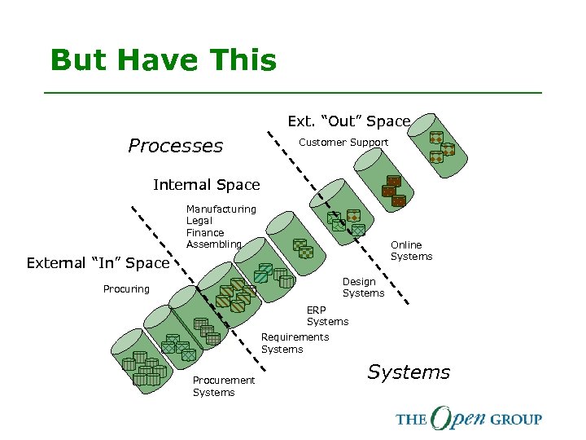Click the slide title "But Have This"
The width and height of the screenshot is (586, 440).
(x=163, y=60)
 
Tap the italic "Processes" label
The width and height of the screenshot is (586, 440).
(x=175, y=146)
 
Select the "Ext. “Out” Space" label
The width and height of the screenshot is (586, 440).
(x=348, y=121)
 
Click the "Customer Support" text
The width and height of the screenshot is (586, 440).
(x=344, y=143)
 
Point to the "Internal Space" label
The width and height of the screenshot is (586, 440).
(x=206, y=185)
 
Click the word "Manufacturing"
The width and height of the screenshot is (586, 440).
(x=221, y=209)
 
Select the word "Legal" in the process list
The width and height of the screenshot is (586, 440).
(x=199, y=221)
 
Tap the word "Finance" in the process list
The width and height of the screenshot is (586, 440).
(x=205, y=232)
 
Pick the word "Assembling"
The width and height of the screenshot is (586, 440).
(x=213, y=244)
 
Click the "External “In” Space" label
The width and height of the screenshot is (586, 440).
(x=97, y=263)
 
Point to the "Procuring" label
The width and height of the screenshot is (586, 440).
(x=126, y=289)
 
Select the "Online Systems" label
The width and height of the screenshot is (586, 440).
(x=411, y=251)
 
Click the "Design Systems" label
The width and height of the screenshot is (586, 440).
(x=363, y=288)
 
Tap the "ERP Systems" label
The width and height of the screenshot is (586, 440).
(x=327, y=316)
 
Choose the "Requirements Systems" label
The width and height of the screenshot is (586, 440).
(x=295, y=343)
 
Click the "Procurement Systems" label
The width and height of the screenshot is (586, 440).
(x=223, y=386)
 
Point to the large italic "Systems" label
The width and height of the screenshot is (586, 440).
(x=408, y=372)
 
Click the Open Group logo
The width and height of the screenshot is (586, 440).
(x=468, y=419)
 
